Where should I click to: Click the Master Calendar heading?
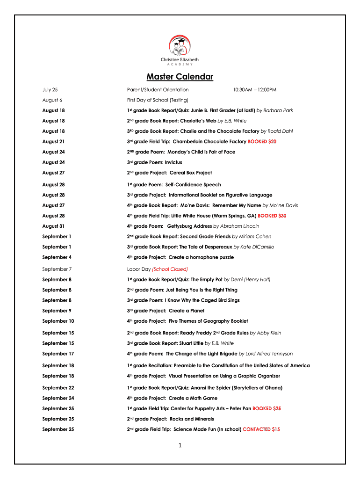[180, 77]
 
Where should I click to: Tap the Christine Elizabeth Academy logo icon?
[180, 46]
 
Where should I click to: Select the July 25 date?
[50, 89]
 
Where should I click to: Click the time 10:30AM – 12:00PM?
[254, 89]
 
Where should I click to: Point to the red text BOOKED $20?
[262, 141]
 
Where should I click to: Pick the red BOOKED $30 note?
[272, 216]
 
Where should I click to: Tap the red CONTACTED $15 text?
[261, 429]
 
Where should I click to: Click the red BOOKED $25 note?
[266, 408]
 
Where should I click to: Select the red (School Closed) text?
[170, 269]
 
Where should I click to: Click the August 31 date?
[53, 226]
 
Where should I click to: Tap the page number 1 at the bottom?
[180, 445]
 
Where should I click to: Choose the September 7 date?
[57, 269]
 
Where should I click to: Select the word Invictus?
[173, 162]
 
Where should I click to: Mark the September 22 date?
[58, 388]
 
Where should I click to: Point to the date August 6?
[52, 100]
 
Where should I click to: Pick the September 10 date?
[58, 321]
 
